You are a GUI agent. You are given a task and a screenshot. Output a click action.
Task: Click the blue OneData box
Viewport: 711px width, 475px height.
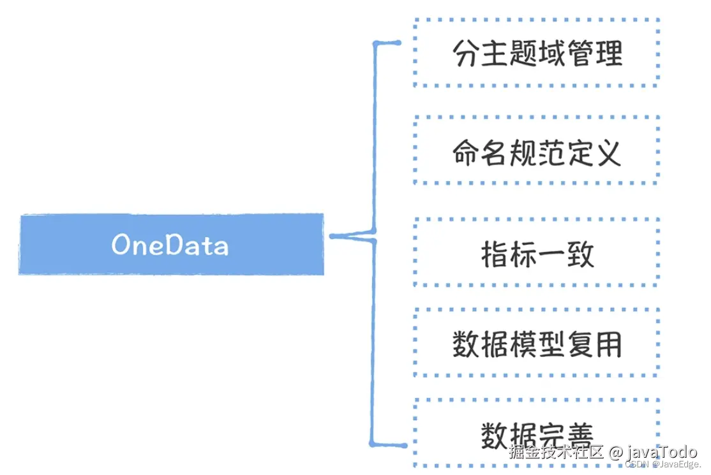(x=171, y=245)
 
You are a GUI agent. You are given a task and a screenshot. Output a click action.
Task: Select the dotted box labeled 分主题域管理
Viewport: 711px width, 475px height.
(x=536, y=54)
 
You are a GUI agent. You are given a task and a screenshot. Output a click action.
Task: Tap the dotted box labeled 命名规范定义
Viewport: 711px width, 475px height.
(x=536, y=152)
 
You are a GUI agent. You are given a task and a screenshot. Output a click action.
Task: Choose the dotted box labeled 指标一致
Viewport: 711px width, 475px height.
(x=536, y=254)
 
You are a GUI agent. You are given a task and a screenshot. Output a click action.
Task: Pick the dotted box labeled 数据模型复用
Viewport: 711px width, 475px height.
(x=536, y=344)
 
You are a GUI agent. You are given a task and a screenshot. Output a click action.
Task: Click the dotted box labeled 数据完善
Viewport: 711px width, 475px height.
(x=536, y=434)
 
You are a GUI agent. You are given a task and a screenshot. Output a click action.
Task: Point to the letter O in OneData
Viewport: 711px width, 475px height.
(x=122, y=245)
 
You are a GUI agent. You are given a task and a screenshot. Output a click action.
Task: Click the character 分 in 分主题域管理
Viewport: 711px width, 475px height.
(x=466, y=54)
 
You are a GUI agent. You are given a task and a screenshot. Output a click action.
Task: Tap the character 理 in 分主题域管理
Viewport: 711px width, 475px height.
(x=608, y=54)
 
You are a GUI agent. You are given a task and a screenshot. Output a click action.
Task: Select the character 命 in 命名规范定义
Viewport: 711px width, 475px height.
(x=466, y=153)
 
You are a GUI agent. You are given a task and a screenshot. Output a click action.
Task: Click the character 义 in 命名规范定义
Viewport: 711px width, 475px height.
(x=608, y=153)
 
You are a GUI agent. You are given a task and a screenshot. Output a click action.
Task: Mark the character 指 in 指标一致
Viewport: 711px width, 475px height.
(x=495, y=254)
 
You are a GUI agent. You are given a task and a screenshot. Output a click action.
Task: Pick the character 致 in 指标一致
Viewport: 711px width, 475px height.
(x=580, y=254)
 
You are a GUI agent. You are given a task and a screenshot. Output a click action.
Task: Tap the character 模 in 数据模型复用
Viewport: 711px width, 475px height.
(x=523, y=345)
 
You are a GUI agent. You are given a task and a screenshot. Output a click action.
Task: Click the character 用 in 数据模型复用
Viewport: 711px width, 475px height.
(x=608, y=345)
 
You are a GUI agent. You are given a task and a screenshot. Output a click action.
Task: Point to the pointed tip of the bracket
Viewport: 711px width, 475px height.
(x=333, y=237)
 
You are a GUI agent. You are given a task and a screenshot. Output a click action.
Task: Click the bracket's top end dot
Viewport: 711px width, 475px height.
(x=398, y=43)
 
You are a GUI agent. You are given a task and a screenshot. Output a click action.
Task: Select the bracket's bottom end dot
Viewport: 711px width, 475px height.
(x=403, y=445)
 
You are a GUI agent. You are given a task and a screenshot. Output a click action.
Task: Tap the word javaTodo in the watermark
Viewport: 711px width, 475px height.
(x=662, y=453)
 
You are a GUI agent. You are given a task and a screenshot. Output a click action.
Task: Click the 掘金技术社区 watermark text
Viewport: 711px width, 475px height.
(x=556, y=453)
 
